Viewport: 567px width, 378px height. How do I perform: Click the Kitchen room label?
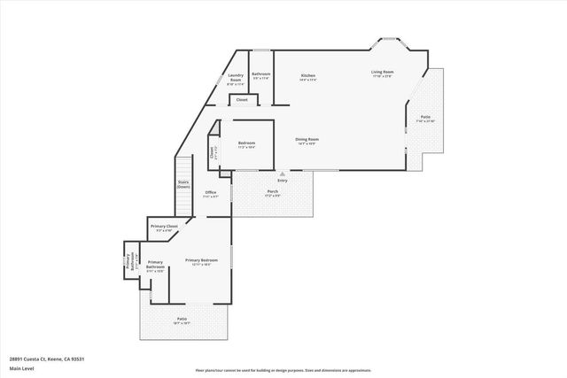308,76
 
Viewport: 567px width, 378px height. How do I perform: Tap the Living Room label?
382,73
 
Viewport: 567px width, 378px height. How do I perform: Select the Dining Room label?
307,139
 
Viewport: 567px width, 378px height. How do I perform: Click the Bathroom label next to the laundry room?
260,74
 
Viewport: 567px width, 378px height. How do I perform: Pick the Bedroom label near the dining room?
247,143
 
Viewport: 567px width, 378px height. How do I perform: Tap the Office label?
210,192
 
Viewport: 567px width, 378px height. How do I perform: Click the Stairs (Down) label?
183,185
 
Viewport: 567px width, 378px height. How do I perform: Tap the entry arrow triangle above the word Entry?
283,174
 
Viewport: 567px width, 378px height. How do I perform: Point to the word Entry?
283,181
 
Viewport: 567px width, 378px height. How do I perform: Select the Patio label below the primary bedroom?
182,320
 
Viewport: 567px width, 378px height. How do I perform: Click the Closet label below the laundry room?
241,100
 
